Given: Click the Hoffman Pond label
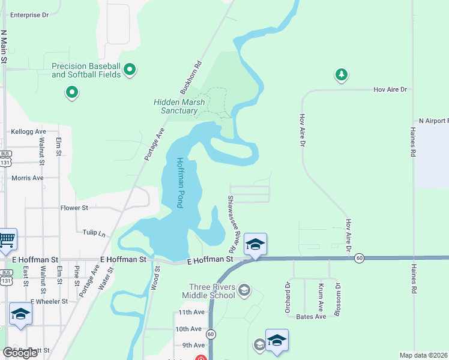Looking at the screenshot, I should (x=179, y=183).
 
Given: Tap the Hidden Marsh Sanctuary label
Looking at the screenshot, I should (x=179, y=106).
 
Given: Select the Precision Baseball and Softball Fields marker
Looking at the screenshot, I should (x=130, y=70).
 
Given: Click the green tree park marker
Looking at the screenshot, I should (x=342, y=74).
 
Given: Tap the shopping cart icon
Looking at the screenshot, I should (x=7, y=240).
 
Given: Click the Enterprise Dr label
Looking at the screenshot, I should (x=29, y=15).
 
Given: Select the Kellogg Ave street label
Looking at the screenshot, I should (x=28, y=131).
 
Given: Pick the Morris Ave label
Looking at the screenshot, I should (x=28, y=178).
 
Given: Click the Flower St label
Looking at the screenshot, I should (x=74, y=208).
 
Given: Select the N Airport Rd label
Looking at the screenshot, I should (x=433, y=121).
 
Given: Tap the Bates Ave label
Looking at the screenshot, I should (x=310, y=316).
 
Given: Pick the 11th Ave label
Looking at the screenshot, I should (x=191, y=313).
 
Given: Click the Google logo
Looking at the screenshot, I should (x=20, y=353).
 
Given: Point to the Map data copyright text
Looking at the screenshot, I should (x=423, y=355).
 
